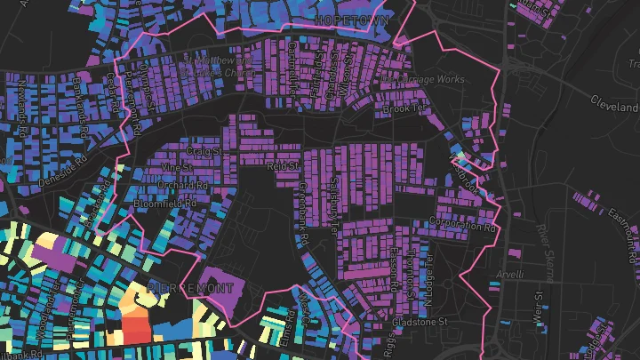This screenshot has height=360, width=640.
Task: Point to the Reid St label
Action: point(281,164)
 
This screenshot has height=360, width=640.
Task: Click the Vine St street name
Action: point(177,167)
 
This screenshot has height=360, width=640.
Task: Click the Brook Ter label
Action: point(399,110)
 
